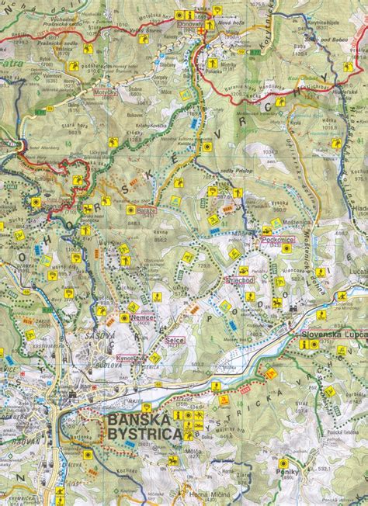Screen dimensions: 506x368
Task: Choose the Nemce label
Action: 144,318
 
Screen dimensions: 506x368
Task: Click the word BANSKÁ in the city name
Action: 141,420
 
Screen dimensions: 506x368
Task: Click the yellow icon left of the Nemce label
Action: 124,318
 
